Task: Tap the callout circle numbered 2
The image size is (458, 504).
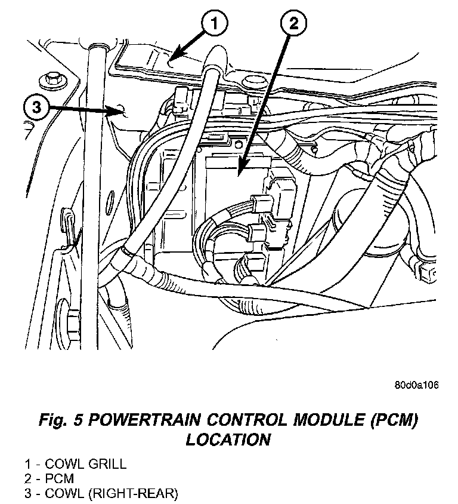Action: (x=292, y=25)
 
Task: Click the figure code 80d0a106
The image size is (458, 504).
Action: (x=416, y=385)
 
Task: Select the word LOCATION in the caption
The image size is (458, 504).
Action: (x=228, y=440)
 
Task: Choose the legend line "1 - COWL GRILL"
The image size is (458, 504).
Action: (x=75, y=463)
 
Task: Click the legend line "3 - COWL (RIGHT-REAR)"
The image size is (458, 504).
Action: (x=101, y=493)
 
